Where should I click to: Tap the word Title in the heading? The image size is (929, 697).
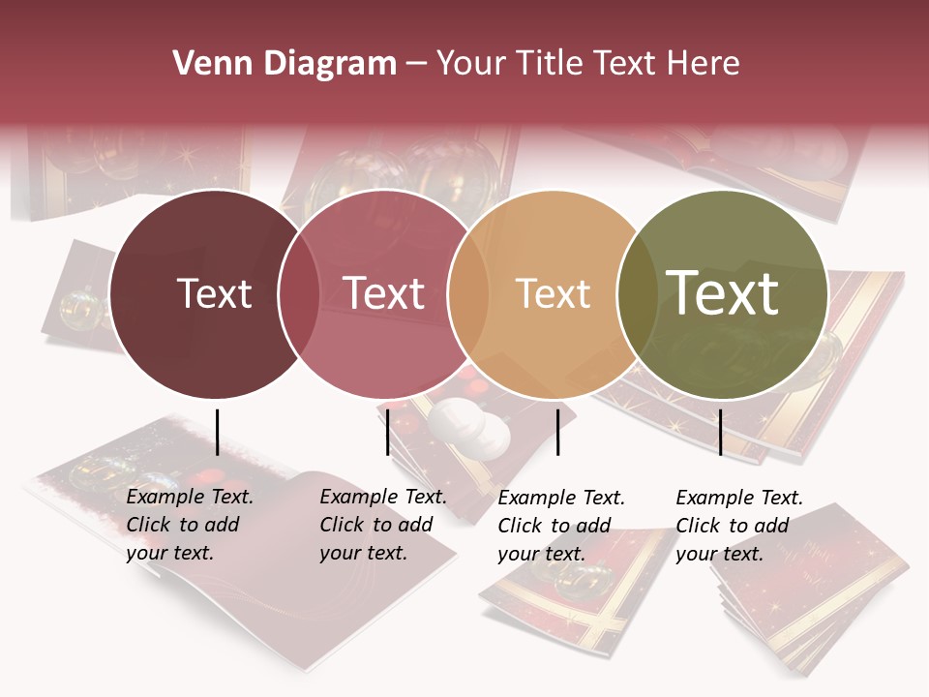(549, 64)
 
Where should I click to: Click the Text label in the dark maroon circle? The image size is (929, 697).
(214, 293)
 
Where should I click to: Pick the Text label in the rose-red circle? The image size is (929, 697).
(383, 293)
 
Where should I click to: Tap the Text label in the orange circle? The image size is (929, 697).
(553, 293)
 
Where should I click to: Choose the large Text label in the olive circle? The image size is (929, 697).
(722, 293)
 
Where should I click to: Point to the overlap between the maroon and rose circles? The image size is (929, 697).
(299, 293)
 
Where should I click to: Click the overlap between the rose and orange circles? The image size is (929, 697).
(468, 293)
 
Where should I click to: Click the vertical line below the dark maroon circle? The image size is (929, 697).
(218, 432)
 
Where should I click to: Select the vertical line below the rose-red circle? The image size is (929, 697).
(387, 432)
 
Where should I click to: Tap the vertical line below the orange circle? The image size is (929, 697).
(558, 432)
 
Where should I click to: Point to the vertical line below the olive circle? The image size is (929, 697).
(720, 432)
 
